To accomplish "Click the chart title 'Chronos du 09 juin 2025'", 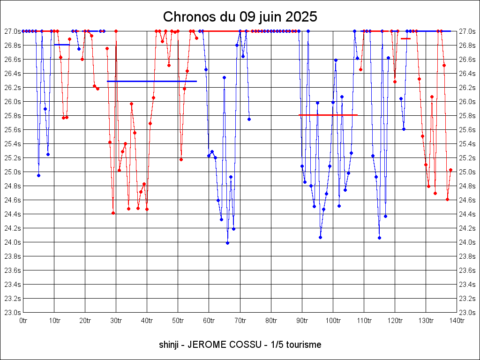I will [240, 17].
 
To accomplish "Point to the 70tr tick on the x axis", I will [240, 321].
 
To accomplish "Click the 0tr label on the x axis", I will [23, 321].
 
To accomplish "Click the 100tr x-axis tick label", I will [333, 321].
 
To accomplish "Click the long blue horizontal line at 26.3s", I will [151, 81].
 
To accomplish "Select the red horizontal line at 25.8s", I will [328, 115].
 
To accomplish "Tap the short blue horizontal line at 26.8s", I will [62, 45].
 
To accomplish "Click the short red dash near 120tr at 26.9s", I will [405, 38].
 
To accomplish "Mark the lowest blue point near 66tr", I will [227, 243].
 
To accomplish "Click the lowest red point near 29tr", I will [113, 213].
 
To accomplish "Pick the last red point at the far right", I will [450, 170].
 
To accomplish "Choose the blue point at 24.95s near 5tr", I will [38, 175].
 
